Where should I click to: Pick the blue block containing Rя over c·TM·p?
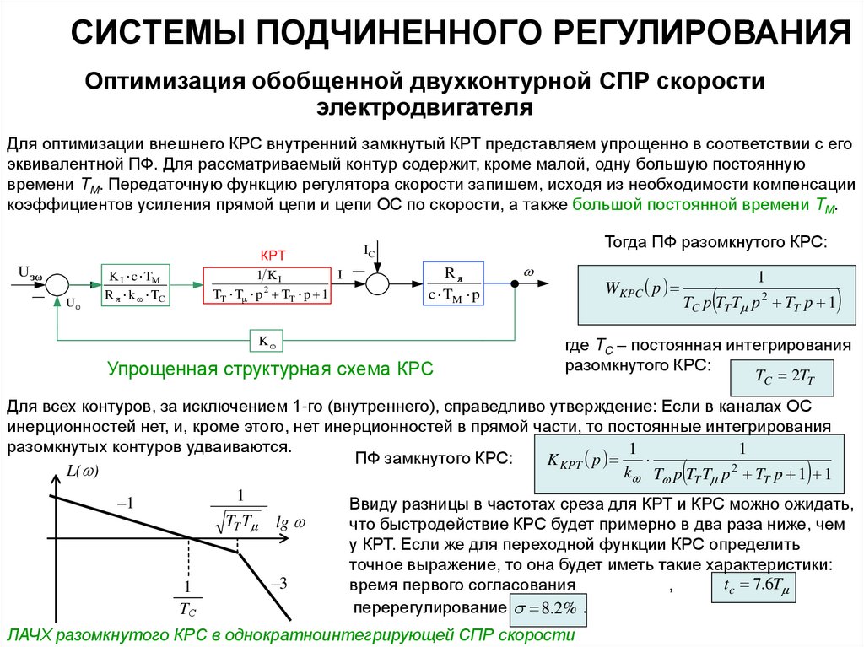tap(453, 284)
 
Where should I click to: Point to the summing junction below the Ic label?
tap(377, 284)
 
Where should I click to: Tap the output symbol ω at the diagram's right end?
tap(530, 272)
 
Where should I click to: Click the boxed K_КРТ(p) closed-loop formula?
tap(688, 462)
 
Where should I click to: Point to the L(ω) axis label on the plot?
tap(82, 472)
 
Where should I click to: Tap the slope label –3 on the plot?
tap(279, 583)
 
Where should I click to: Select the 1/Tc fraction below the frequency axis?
tap(188, 596)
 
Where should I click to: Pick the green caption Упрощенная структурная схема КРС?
tap(270, 369)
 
